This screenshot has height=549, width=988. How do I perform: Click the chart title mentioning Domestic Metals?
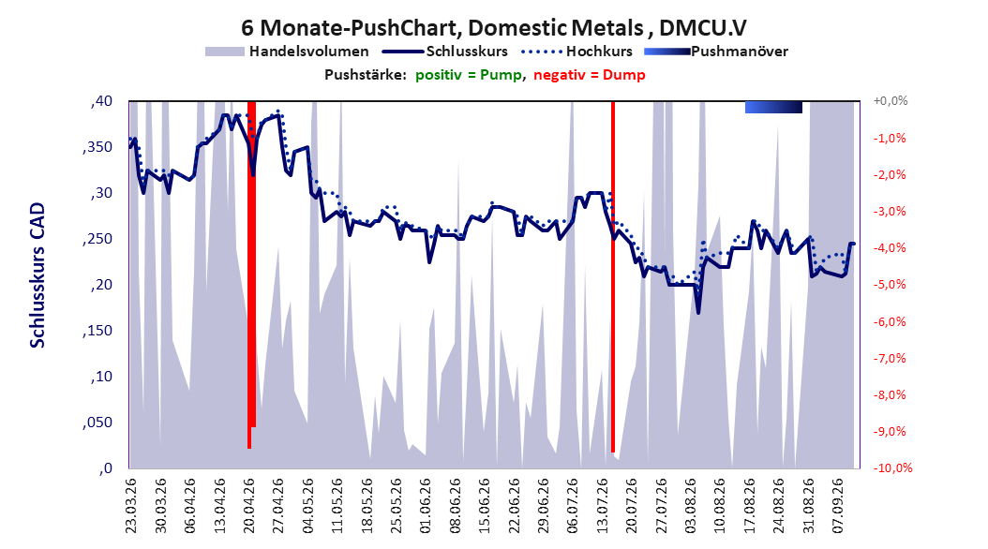[x=494, y=28]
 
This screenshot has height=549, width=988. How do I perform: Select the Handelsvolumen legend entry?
[x=288, y=52]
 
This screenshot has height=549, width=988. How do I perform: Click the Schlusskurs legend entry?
[x=445, y=52]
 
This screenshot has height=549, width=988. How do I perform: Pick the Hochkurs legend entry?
[x=577, y=52]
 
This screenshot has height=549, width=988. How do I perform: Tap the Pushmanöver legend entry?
[x=716, y=52]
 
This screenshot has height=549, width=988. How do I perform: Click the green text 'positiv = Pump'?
[x=469, y=75]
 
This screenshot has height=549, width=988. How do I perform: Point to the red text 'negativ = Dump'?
[x=590, y=75]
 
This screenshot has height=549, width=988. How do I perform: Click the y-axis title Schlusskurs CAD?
[x=37, y=275]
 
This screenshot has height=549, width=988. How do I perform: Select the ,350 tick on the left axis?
[x=97, y=147]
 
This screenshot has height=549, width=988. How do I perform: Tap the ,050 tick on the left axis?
[x=97, y=423]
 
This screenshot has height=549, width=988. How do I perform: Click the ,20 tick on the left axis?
[x=101, y=285]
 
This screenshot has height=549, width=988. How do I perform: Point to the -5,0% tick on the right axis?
[x=890, y=285]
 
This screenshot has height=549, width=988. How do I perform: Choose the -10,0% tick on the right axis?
[x=892, y=467]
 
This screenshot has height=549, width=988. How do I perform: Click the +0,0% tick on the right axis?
[x=891, y=101]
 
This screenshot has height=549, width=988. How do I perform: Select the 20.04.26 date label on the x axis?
[x=249, y=506]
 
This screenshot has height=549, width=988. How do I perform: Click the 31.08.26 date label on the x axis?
[x=809, y=506]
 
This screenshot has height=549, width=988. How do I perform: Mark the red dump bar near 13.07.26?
[x=613, y=276]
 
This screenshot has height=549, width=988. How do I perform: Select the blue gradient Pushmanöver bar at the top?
[x=773, y=107]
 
